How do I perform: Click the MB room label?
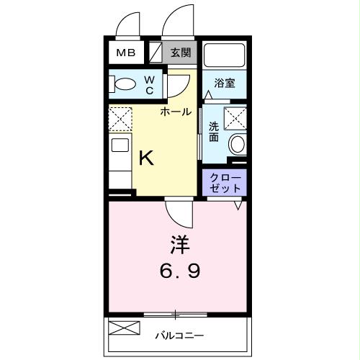coord(126,53)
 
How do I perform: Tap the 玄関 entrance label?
coord(181,53)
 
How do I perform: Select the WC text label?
coord(150,85)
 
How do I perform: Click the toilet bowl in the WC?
coord(125,84)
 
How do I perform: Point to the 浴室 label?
coord(225,83)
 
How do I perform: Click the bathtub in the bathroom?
coord(225,55)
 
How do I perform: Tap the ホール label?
coord(176,112)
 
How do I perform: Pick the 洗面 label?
coord(214,132)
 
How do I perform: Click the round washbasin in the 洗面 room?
coord(238,144)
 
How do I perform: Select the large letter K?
coord(146,158)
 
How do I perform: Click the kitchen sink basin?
coord(120,145)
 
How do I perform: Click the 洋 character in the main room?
coord(180,245)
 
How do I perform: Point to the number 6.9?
coord(180,271)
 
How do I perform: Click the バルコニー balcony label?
coord(179,336)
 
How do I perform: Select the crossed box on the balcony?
coord(124,328)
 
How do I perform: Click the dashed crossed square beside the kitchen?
coord(120,119)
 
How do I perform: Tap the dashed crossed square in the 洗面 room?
coord(235,119)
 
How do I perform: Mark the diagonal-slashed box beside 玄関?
coord(156,53)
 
